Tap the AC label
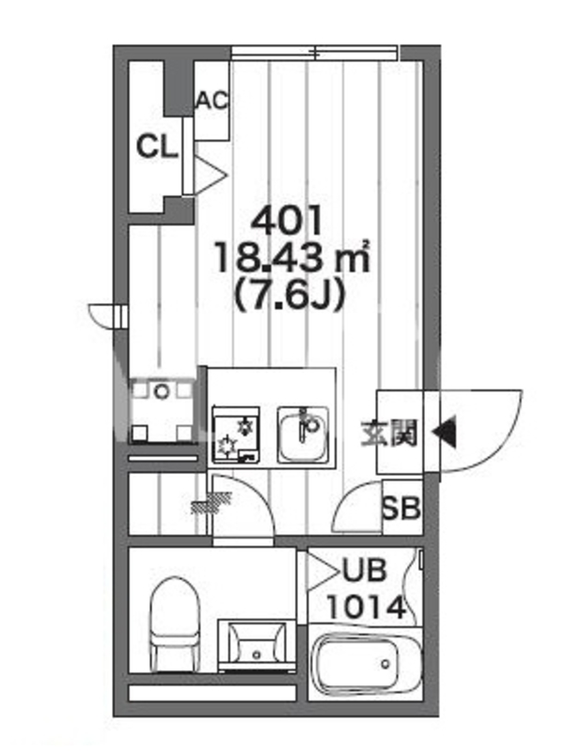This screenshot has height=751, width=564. click(211, 100)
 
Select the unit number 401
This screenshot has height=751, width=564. click(286, 222)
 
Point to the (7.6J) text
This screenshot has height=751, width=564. click(289, 294)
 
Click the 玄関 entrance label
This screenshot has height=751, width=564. click(389, 433)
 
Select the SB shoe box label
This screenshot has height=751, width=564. click(401, 508)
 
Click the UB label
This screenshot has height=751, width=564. click(364, 571)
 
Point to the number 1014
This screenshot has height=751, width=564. click(367, 607)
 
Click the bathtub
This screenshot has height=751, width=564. click(367, 664)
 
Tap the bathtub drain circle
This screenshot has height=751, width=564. click(385, 664)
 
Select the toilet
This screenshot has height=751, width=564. click(175, 624)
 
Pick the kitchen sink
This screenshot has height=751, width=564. click(303, 435)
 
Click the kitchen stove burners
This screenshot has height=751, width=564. click(236, 435)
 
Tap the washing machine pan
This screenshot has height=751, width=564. click(162, 410)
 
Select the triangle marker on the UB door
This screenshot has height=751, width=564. click(323, 572)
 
